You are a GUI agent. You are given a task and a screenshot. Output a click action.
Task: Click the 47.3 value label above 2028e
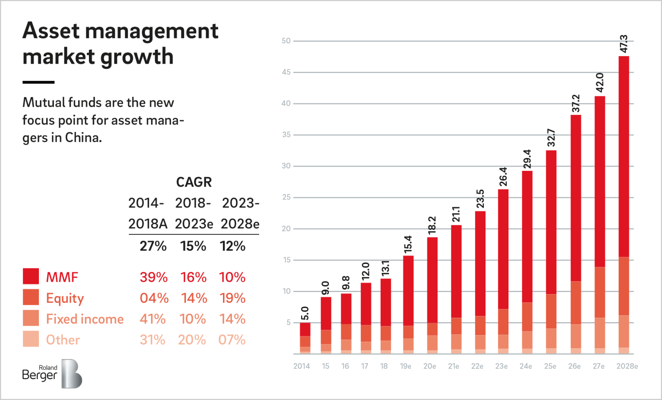click(x=624, y=44)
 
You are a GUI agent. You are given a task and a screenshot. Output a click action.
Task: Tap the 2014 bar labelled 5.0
click(x=305, y=338)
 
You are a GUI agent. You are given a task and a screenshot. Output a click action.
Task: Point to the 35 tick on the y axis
click(x=286, y=135)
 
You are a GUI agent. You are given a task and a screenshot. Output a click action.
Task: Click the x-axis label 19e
click(x=405, y=366)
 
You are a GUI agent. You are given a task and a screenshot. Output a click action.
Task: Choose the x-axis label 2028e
click(x=627, y=366)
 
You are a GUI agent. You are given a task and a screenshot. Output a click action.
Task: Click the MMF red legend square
click(x=31, y=276)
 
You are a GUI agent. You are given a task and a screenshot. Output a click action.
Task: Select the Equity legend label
click(x=65, y=298)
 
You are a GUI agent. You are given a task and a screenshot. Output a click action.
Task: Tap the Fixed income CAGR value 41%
click(x=153, y=319)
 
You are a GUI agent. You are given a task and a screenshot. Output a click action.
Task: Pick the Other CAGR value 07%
click(x=232, y=340)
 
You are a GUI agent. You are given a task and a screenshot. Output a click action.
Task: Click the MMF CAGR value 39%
click(x=154, y=277)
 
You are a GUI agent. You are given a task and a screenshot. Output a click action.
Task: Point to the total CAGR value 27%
click(x=153, y=246)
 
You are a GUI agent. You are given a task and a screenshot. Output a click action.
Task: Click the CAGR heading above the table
click(x=194, y=182)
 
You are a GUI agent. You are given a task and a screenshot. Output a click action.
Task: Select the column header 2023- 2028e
click(x=240, y=213)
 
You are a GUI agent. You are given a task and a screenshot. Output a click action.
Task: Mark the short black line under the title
click(x=38, y=82)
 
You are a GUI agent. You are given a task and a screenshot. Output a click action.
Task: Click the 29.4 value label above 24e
click(x=527, y=159)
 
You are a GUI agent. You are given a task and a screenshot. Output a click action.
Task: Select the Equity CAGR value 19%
click(x=233, y=298)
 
